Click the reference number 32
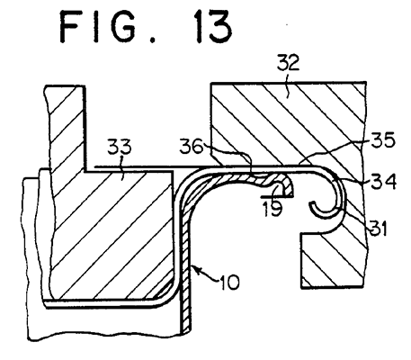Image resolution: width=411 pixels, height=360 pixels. (288, 63)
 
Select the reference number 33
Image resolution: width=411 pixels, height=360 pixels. (120, 147)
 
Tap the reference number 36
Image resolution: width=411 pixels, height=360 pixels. (192, 146)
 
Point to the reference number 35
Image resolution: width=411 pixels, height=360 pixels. (383, 140)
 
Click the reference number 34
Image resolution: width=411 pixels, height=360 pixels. (384, 181)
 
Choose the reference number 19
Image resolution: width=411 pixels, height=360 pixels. (273, 208)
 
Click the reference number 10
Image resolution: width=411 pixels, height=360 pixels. (230, 282)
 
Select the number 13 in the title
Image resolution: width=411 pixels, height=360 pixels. (212, 26)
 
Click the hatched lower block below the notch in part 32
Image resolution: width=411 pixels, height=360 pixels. (333, 260)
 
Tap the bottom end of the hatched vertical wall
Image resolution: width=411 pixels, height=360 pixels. (185, 332)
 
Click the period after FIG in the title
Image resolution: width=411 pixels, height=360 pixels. (152, 40)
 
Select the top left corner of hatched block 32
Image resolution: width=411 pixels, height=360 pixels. (211, 84)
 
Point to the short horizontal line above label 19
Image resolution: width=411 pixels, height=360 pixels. (277, 197)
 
